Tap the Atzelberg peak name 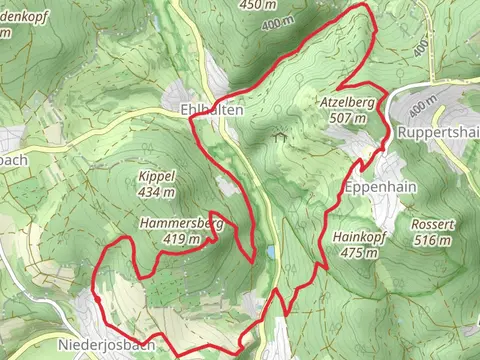[x=347, y=103]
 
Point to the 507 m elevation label [x=347, y=117]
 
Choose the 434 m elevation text [x=157, y=191]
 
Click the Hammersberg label [x=181, y=224]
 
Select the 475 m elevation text [x=358, y=252]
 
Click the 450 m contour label [x=259, y=5]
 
